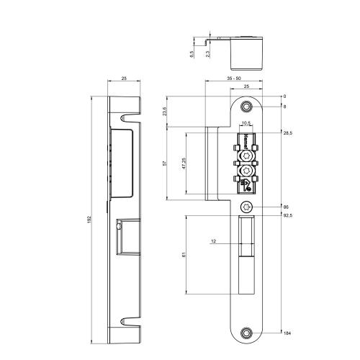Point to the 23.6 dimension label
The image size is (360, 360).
point(165,113)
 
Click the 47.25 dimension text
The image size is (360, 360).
point(184,163)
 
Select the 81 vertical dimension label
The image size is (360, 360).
point(184,253)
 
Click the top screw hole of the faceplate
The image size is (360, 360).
point(247,107)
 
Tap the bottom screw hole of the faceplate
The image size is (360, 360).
point(247,333)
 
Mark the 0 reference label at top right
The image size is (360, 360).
point(284,96)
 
